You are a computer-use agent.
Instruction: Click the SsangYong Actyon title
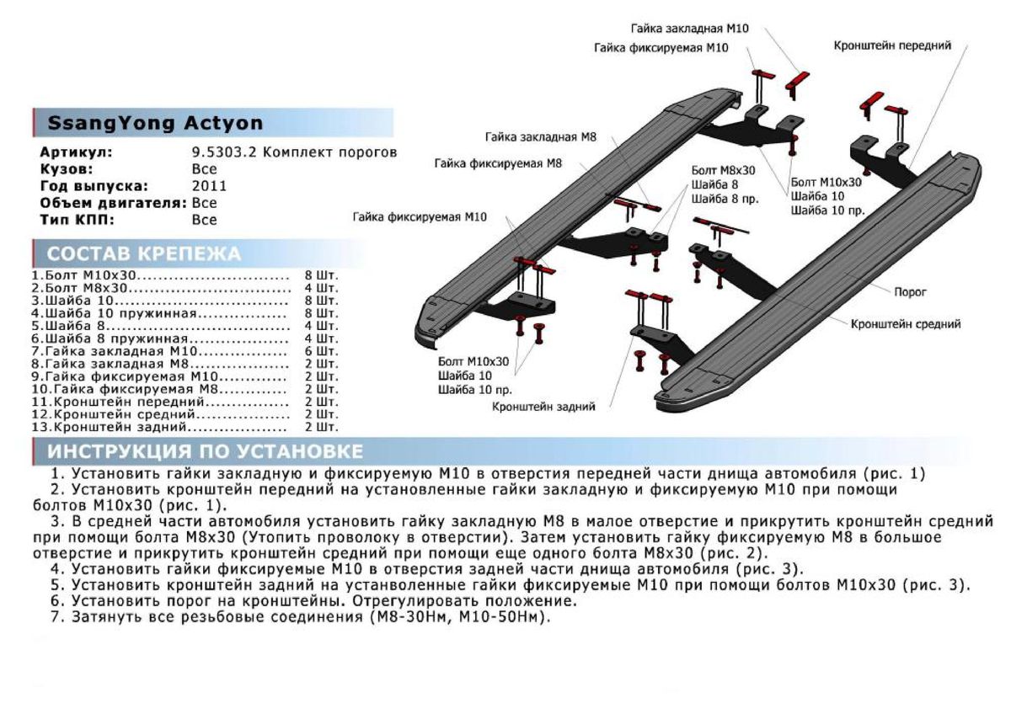pos(154,123)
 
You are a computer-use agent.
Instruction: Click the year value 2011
pos(209,186)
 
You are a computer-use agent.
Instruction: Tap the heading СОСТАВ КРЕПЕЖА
pos(143,254)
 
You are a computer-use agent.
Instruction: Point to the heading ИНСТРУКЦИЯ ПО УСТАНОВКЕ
pos(206,452)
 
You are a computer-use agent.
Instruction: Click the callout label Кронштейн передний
pos(892,45)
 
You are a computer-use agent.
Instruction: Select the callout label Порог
pos(910,292)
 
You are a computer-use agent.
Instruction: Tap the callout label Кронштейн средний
pos(905,323)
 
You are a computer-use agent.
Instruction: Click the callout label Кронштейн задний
pos(544,407)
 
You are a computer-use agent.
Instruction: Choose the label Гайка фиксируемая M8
pos(498,163)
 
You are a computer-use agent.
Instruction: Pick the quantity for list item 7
pos(320,350)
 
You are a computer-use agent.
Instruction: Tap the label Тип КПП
pos(77,220)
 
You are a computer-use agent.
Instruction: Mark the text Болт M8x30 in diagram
pos(723,169)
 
